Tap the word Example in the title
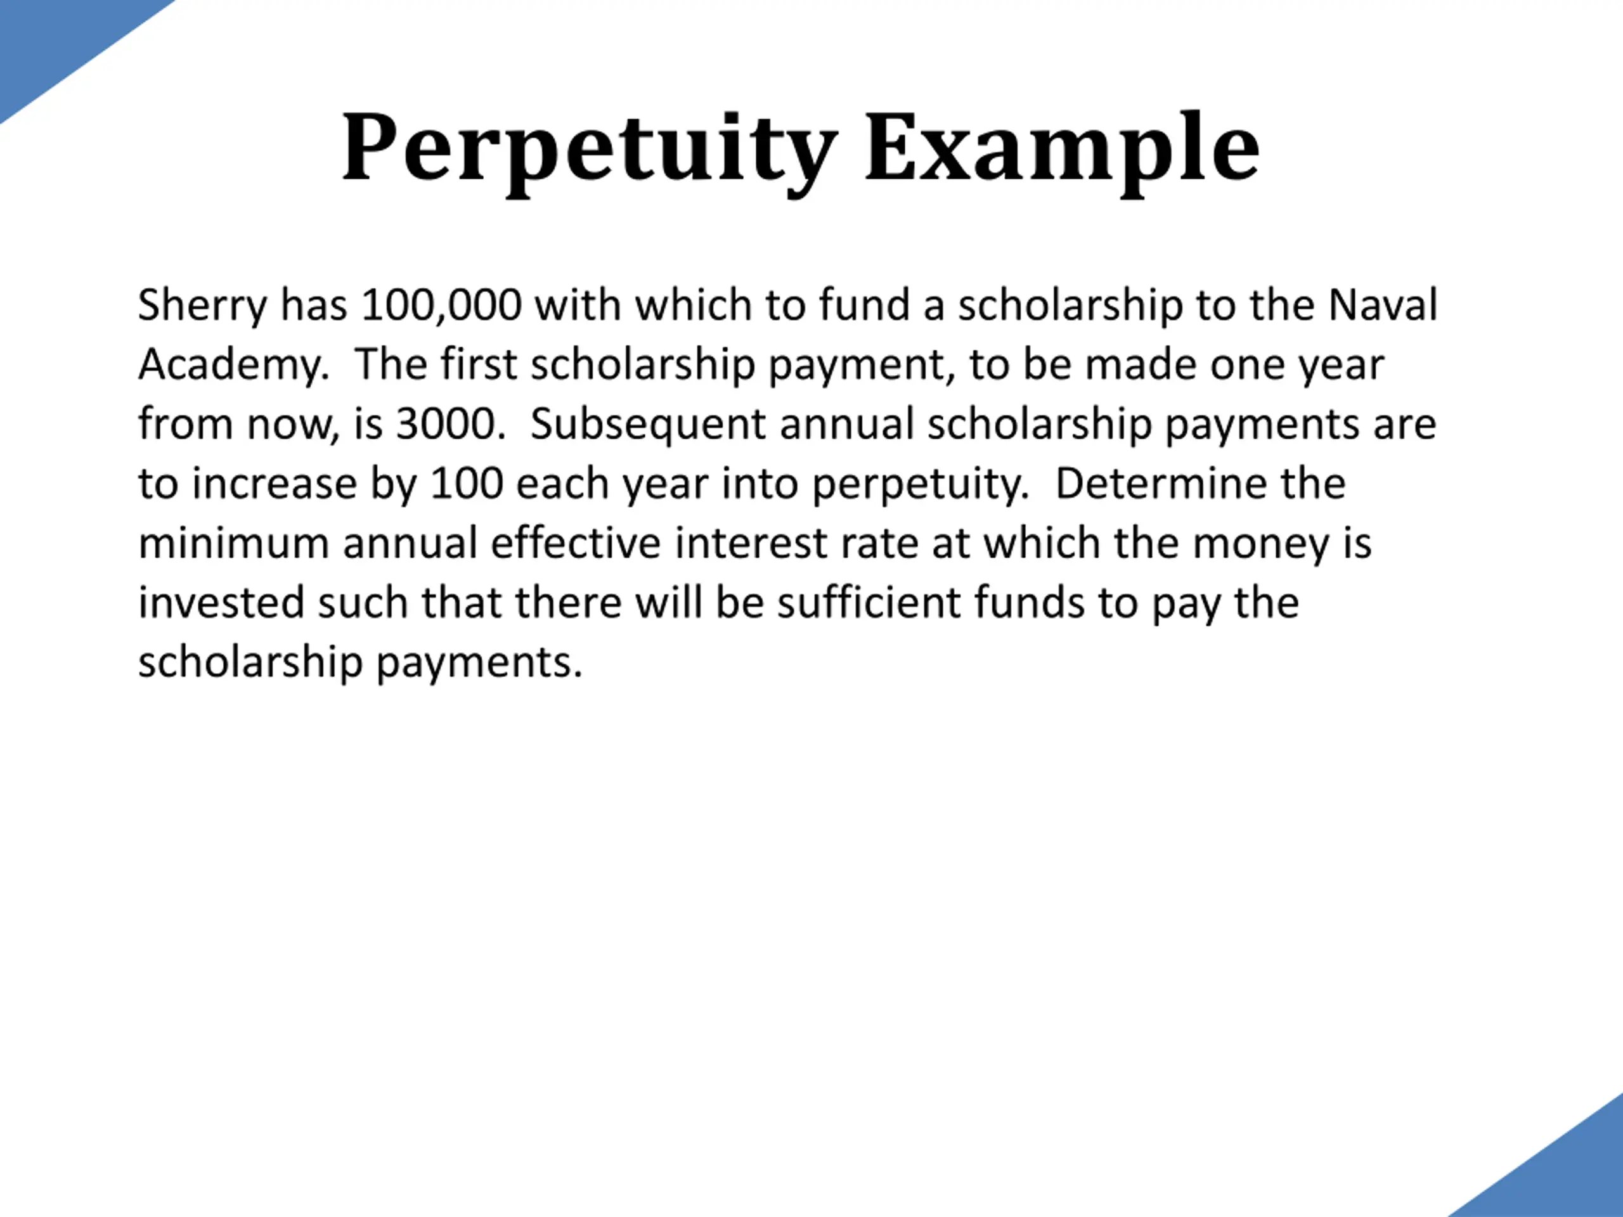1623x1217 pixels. (1063, 149)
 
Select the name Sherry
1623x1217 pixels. (202, 307)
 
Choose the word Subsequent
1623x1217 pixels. (648, 425)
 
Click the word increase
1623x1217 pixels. (275, 484)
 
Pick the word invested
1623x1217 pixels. (221, 603)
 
